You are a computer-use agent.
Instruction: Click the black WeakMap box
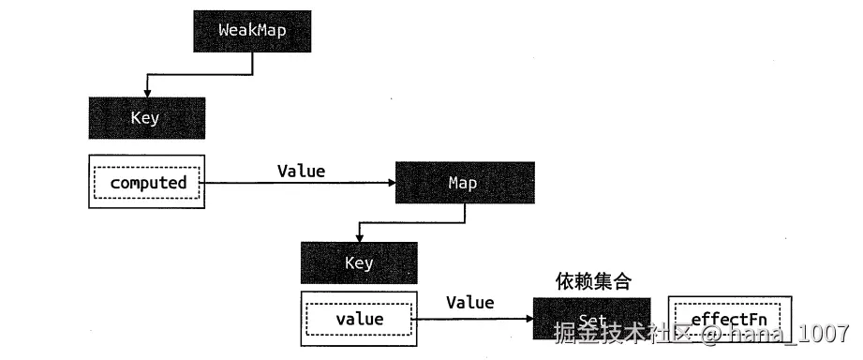(252, 30)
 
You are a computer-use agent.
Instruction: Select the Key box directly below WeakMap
(146, 118)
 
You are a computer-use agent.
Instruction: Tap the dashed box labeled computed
(148, 183)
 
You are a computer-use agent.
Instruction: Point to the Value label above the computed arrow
(301, 171)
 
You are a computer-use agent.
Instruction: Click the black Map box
(464, 183)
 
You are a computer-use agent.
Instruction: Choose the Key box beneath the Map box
(358, 262)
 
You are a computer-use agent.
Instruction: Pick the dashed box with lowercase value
(359, 319)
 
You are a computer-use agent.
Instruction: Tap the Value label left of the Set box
(469, 302)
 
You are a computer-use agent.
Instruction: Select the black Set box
(591, 319)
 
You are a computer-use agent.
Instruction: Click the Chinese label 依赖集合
(592, 281)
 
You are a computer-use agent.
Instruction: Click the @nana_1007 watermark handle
(775, 333)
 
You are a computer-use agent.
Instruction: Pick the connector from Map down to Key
(412, 223)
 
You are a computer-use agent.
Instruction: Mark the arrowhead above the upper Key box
(146, 92)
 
